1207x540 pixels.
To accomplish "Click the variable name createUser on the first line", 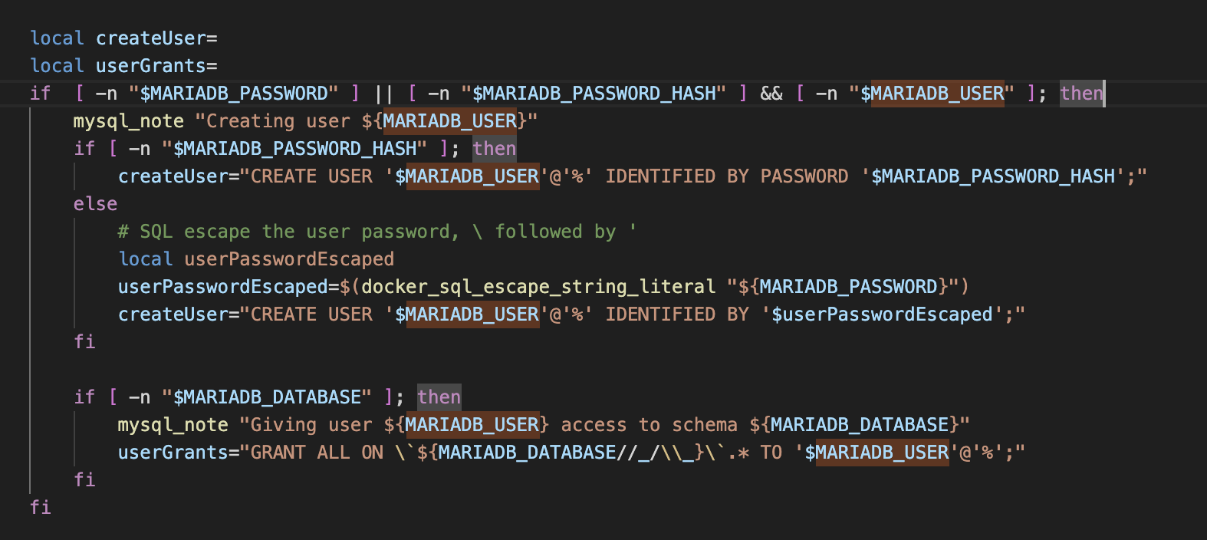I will click(150, 38).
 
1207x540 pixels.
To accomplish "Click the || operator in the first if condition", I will click(383, 94).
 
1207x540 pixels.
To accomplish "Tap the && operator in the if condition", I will click(771, 94).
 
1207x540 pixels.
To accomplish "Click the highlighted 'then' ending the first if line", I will click(1081, 94).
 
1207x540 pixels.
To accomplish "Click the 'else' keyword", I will click(96, 204).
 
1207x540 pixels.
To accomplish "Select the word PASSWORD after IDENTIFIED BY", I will click(804, 176).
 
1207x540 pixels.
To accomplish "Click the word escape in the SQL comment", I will click(217, 232).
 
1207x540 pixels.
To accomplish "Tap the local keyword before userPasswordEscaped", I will click(146, 259).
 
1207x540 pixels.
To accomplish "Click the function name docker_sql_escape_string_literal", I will click(538, 287).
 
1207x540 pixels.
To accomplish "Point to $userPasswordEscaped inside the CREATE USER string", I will click(882, 314).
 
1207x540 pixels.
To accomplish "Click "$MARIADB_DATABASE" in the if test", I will click(267, 397).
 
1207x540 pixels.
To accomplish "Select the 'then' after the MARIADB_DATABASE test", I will click(439, 397).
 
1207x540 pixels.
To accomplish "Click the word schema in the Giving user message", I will click(705, 425).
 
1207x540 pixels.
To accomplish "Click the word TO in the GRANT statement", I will click(771, 453).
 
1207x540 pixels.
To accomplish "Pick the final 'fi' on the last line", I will click(41, 508).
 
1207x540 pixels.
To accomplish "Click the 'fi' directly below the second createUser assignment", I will click(85, 342).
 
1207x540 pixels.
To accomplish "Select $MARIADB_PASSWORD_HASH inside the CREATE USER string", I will click(993, 176).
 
